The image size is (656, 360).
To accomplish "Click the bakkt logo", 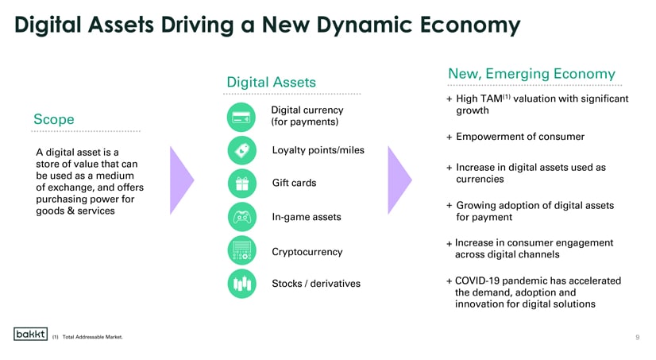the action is [30, 334].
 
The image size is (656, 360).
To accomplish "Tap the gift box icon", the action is [241, 184].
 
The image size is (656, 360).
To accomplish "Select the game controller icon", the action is [241, 217].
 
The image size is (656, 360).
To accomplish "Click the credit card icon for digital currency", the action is [241, 117].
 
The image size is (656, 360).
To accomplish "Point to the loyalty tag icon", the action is [241, 150].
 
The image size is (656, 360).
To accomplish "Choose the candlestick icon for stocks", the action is [241, 284].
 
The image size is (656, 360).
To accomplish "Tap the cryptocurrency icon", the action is [241, 250].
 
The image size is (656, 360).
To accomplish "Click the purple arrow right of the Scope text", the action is [182, 180].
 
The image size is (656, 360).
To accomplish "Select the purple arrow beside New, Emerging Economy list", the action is [400, 180].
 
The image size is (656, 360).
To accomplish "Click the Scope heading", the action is [54, 119].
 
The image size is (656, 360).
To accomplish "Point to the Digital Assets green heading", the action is [271, 82].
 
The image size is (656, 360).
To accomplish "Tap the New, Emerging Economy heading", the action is [532, 74].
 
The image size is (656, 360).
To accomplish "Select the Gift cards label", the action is [294, 183].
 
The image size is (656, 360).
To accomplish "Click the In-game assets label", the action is [307, 217].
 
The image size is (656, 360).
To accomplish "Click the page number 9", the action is [638, 337].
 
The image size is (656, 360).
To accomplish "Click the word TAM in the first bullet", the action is [491, 99].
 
